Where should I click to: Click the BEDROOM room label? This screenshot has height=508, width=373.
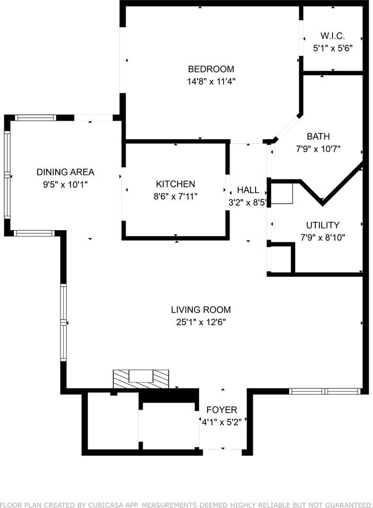(x=211, y=69)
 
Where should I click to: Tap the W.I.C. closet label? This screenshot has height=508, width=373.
(x=333, y=36)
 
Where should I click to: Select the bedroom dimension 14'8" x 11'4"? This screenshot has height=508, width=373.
(x=211, y=81)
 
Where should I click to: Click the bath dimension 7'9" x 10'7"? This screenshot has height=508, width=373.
(x=318, y=149)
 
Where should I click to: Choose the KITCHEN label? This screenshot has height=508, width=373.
(x=175, y=184)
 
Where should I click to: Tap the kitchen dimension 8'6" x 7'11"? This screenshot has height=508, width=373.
(x=175, y=196)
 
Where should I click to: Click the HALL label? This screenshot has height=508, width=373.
(x=248, y=190)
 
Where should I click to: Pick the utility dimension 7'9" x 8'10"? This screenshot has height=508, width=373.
(x=323, y=238)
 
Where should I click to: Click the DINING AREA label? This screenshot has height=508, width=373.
(x=65, y=172)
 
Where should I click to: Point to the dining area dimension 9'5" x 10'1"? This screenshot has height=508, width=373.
(x=65, y=185)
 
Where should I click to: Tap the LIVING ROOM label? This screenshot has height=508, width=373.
(x=201, y=310)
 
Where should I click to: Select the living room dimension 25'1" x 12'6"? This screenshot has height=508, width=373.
(x=201, y=322)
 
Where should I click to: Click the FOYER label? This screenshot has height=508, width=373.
(x=221, y=410)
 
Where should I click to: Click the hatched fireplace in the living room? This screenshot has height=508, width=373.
(x=141, y=378)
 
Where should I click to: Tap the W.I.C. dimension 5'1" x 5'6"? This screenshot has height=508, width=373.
(x=333, y=48)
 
